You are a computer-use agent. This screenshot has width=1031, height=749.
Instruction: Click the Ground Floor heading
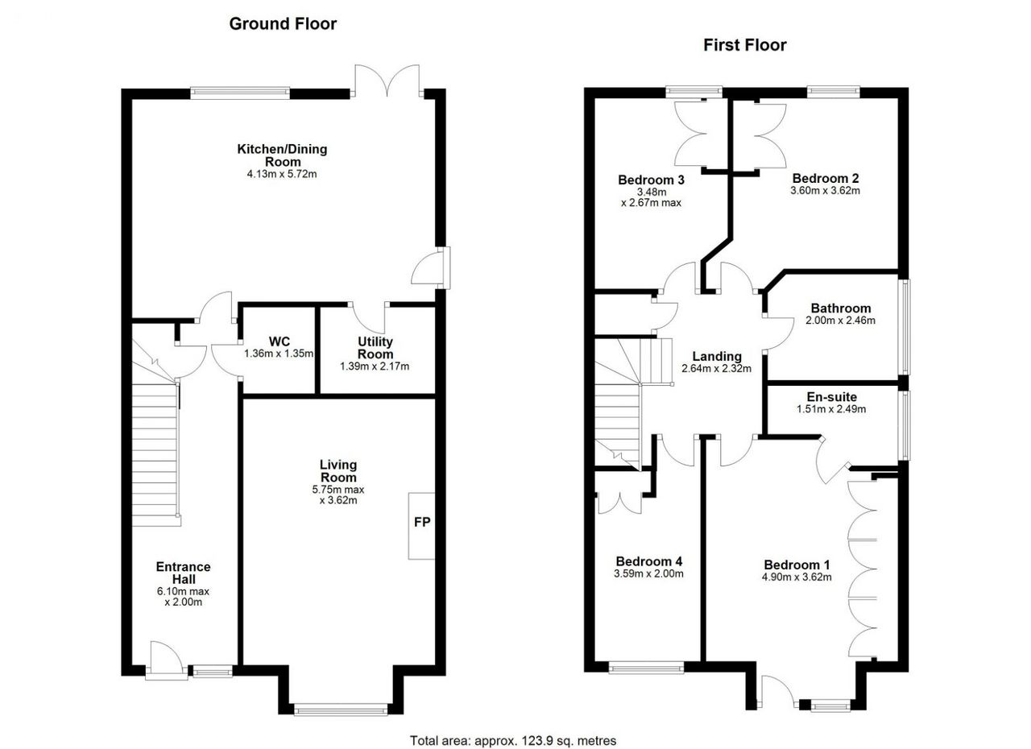283,24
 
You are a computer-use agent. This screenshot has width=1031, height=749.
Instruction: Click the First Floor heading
745,45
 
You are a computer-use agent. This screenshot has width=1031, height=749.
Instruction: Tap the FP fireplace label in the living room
422,522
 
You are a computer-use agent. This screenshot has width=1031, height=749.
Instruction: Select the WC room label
279,341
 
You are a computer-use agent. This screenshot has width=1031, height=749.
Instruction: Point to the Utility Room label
375,348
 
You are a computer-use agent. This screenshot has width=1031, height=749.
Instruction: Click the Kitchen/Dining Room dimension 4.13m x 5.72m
282,174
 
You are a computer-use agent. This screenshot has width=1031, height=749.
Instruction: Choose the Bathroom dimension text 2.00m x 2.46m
840,321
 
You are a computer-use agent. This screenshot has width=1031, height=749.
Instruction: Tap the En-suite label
832,396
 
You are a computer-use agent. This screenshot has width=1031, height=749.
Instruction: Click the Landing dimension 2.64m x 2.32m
717,368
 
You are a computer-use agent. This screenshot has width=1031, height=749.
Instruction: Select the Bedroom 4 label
649,561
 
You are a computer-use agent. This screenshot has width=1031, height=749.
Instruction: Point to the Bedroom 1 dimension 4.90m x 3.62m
797,577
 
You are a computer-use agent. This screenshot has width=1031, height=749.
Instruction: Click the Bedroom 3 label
651,180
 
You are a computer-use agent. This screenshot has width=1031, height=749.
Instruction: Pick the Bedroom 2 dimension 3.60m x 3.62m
826,190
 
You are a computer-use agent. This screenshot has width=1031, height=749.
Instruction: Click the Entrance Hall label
183,573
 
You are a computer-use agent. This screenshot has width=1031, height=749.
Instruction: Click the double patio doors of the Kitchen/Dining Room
387,81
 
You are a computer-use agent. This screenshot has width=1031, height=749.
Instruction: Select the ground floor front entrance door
167,660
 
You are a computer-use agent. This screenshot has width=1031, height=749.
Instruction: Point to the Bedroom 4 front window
646,667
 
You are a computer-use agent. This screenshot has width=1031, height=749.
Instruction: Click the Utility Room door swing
368,318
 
